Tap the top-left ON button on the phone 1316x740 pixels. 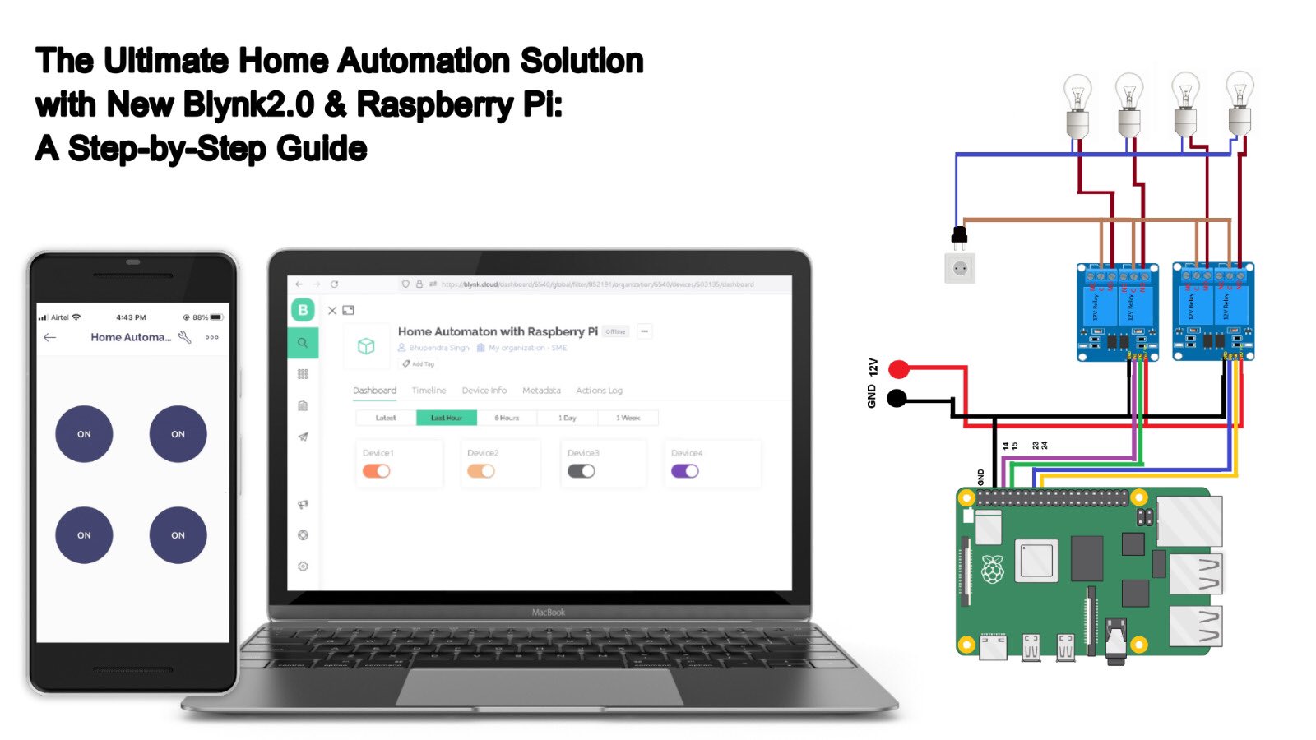(84, 434)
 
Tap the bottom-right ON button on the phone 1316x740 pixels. (178, 535)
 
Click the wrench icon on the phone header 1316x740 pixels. (185, 337)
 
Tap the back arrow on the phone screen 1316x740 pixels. (50, 337)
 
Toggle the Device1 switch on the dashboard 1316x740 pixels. (377, 471)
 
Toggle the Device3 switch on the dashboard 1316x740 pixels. (581, 471)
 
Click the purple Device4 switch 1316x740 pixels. (684, 471)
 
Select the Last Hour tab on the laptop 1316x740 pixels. (447, 418)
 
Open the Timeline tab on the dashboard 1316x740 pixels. (429, 391)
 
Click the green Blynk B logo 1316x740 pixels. (303, 310)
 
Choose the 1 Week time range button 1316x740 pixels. (628, 418)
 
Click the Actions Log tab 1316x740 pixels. (599, 391)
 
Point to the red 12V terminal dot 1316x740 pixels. (899, 368)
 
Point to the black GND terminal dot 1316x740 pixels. (897, 399)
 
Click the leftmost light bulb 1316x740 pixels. (1077, 104)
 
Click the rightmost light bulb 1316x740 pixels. (1240, 102)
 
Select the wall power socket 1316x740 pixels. (959, 268)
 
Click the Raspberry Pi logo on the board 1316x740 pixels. (993, 569)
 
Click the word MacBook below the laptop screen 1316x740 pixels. (548, 613)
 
